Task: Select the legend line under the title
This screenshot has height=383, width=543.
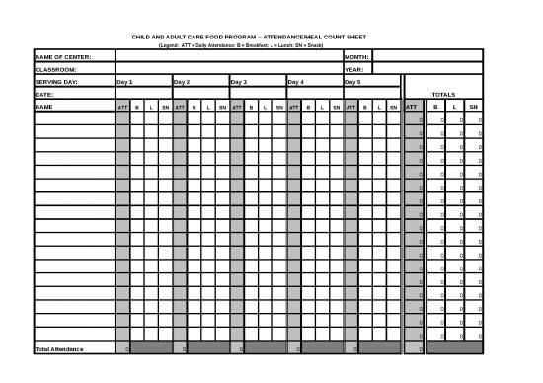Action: coord(241,45)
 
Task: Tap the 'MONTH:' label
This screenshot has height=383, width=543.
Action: coord(356,57)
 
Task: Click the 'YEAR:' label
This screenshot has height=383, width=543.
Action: coord(353,70)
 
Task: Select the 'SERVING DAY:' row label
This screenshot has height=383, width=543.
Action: coord(56,82)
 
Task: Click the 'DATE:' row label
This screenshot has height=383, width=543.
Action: coord(44,94)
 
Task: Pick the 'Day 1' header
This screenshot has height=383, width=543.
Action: coord(124,82)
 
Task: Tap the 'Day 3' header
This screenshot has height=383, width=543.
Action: coord(239,82)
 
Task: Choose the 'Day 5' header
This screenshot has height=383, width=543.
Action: coord(353,82)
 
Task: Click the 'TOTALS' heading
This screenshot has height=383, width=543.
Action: coord(443,94)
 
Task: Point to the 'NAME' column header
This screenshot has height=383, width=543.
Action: coord(44,106)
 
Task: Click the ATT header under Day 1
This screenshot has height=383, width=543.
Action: coord(122,106)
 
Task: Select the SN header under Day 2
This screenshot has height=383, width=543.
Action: coord(223,106)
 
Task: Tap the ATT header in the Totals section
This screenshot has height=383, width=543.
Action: coord(413,106)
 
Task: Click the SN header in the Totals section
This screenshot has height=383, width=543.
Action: coord(473,106)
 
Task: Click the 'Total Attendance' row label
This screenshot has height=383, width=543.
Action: coord(59,349)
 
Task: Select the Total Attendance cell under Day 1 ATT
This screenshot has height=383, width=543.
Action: coord(122,349)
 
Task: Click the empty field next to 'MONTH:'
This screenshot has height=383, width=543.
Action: coord(427,57)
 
